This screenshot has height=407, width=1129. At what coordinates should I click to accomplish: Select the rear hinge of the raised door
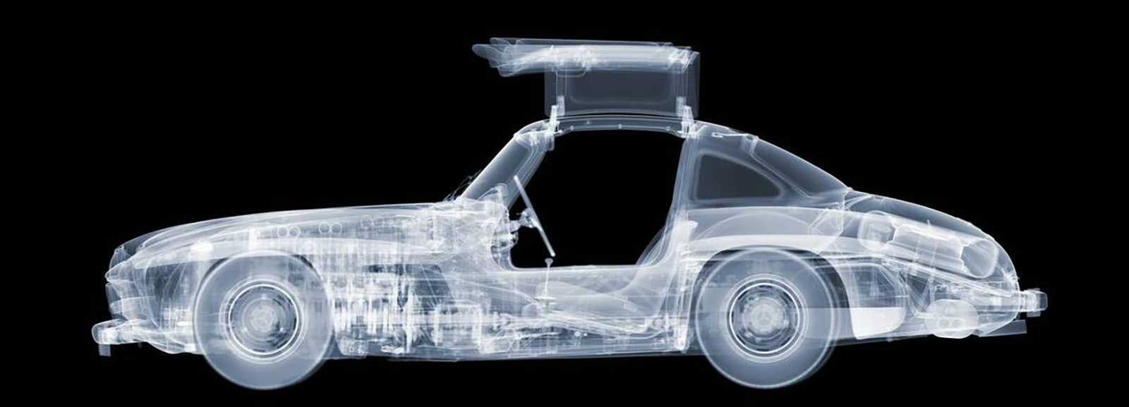683,110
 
